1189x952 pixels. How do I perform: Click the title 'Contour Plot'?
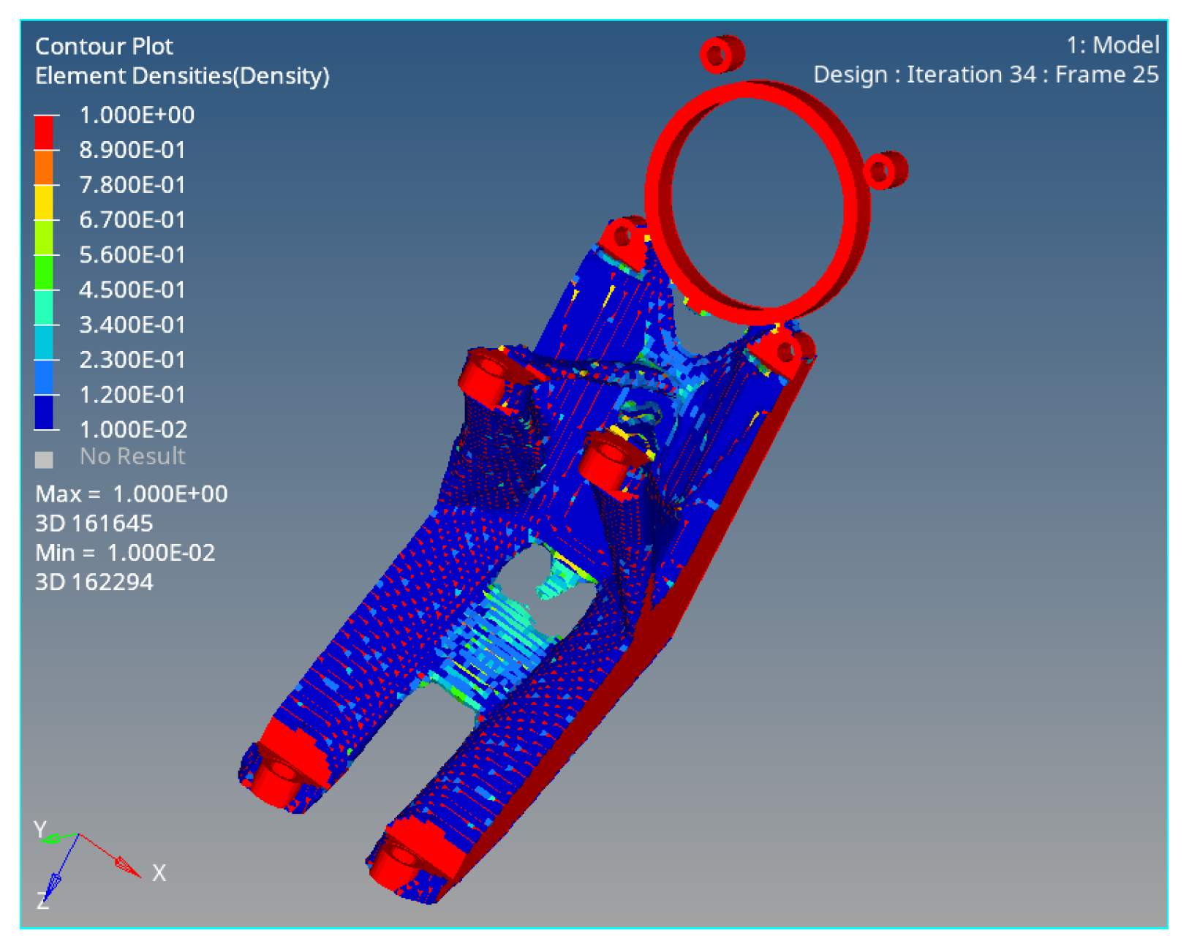coord(104,46)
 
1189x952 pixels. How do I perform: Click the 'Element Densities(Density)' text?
coord(182,75)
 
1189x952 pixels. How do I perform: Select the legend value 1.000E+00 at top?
coord(136,115)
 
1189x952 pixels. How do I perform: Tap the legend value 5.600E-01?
coord(132,254)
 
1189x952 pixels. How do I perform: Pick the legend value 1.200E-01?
coord(132,395)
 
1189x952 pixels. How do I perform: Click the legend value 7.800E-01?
coord(132,185)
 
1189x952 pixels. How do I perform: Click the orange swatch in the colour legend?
coord(44,167)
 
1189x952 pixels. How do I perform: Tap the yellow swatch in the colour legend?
coord(44,203)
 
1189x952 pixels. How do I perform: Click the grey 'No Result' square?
coord(44,459)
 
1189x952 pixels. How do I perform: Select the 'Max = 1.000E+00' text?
coord(132,494)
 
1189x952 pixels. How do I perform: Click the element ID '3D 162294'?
coord(94,582)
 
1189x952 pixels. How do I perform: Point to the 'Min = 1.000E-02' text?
coord(125,553)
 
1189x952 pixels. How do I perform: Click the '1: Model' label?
coord(1112,45)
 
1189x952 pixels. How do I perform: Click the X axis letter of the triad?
coord(159,873)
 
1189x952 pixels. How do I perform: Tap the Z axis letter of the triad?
coord(42,902)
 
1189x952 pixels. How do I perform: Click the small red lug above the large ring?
coord(721,54)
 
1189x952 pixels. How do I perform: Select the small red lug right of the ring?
coord(885,170)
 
